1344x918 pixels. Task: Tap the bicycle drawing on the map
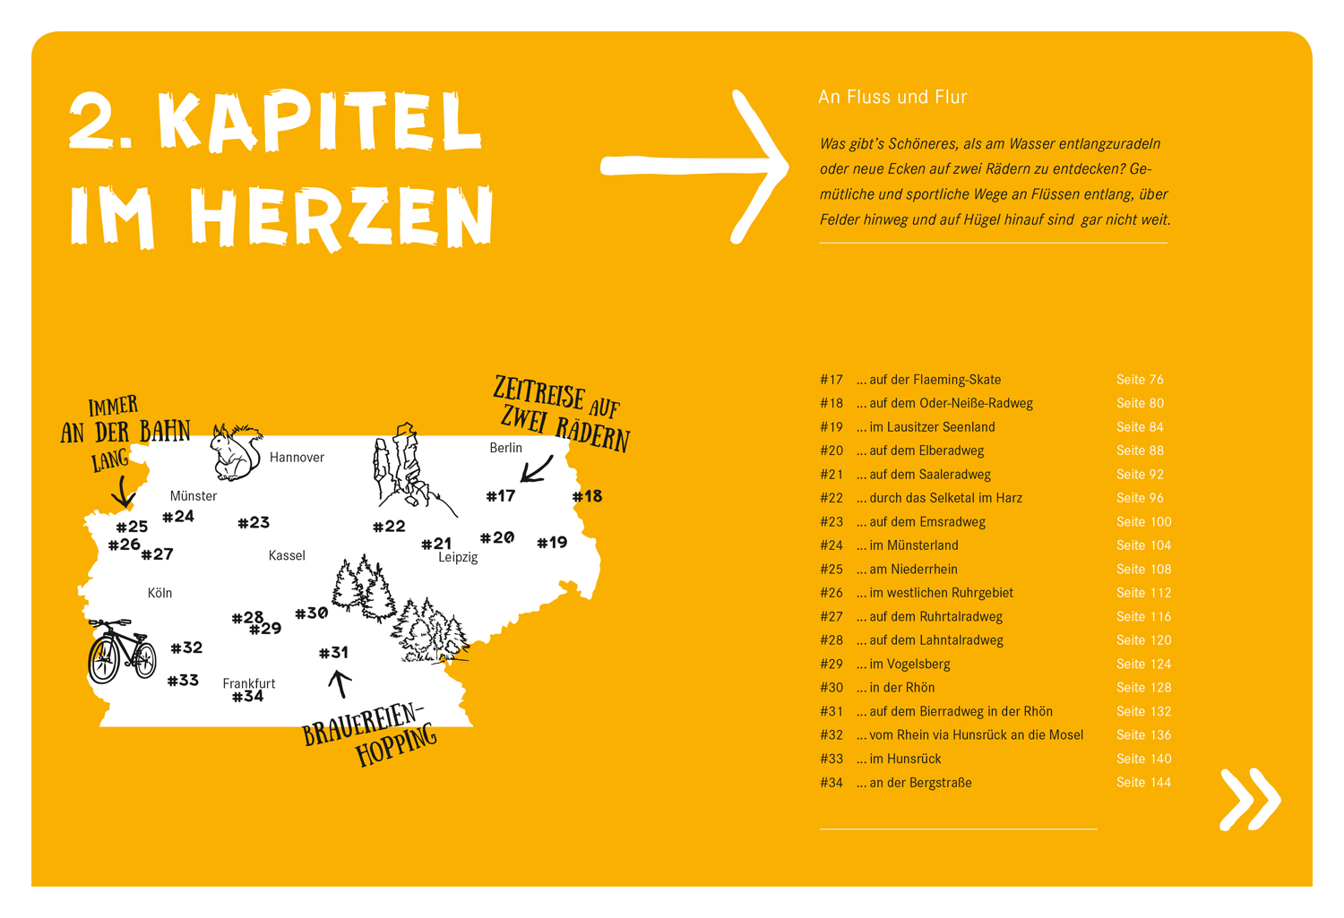(122, 651)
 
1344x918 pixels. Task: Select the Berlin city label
(505, 448)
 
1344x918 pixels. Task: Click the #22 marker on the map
(389, 527)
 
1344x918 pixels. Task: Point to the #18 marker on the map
(588, 496)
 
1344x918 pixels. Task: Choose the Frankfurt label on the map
(248, 683)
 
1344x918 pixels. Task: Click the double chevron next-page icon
(1250, 799)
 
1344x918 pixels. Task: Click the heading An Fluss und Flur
(892, 97)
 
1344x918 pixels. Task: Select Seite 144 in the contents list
(1143, 783)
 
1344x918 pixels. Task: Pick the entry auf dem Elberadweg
(926, 450)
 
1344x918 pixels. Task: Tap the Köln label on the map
(159, 593)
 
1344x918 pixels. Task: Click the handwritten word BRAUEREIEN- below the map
(361, 724)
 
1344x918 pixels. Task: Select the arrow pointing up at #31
(339, 684)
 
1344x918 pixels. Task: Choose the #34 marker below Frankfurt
(247, 697)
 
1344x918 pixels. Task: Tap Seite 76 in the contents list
(1140, 380)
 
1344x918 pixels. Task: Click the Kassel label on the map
(287, 555)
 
